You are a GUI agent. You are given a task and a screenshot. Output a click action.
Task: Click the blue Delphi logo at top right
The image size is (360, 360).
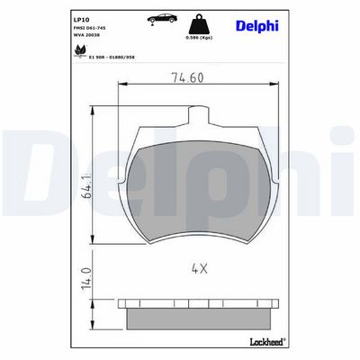257,26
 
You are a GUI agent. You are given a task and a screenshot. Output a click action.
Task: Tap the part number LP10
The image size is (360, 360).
81,20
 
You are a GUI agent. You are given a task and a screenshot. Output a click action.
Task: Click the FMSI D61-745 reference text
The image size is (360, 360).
89,28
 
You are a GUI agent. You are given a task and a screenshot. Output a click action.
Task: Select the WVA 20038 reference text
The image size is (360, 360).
86,35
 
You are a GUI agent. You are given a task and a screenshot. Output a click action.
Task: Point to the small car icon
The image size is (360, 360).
162,18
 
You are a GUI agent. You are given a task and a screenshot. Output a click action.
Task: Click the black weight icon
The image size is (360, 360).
199,24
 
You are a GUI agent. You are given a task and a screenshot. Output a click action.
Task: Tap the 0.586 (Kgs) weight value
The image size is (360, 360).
199,38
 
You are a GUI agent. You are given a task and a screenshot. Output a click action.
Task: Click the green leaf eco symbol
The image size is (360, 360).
80,50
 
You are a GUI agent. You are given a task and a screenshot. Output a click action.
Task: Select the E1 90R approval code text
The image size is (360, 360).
112,57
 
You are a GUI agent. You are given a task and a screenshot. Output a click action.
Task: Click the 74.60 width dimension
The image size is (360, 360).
187,77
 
